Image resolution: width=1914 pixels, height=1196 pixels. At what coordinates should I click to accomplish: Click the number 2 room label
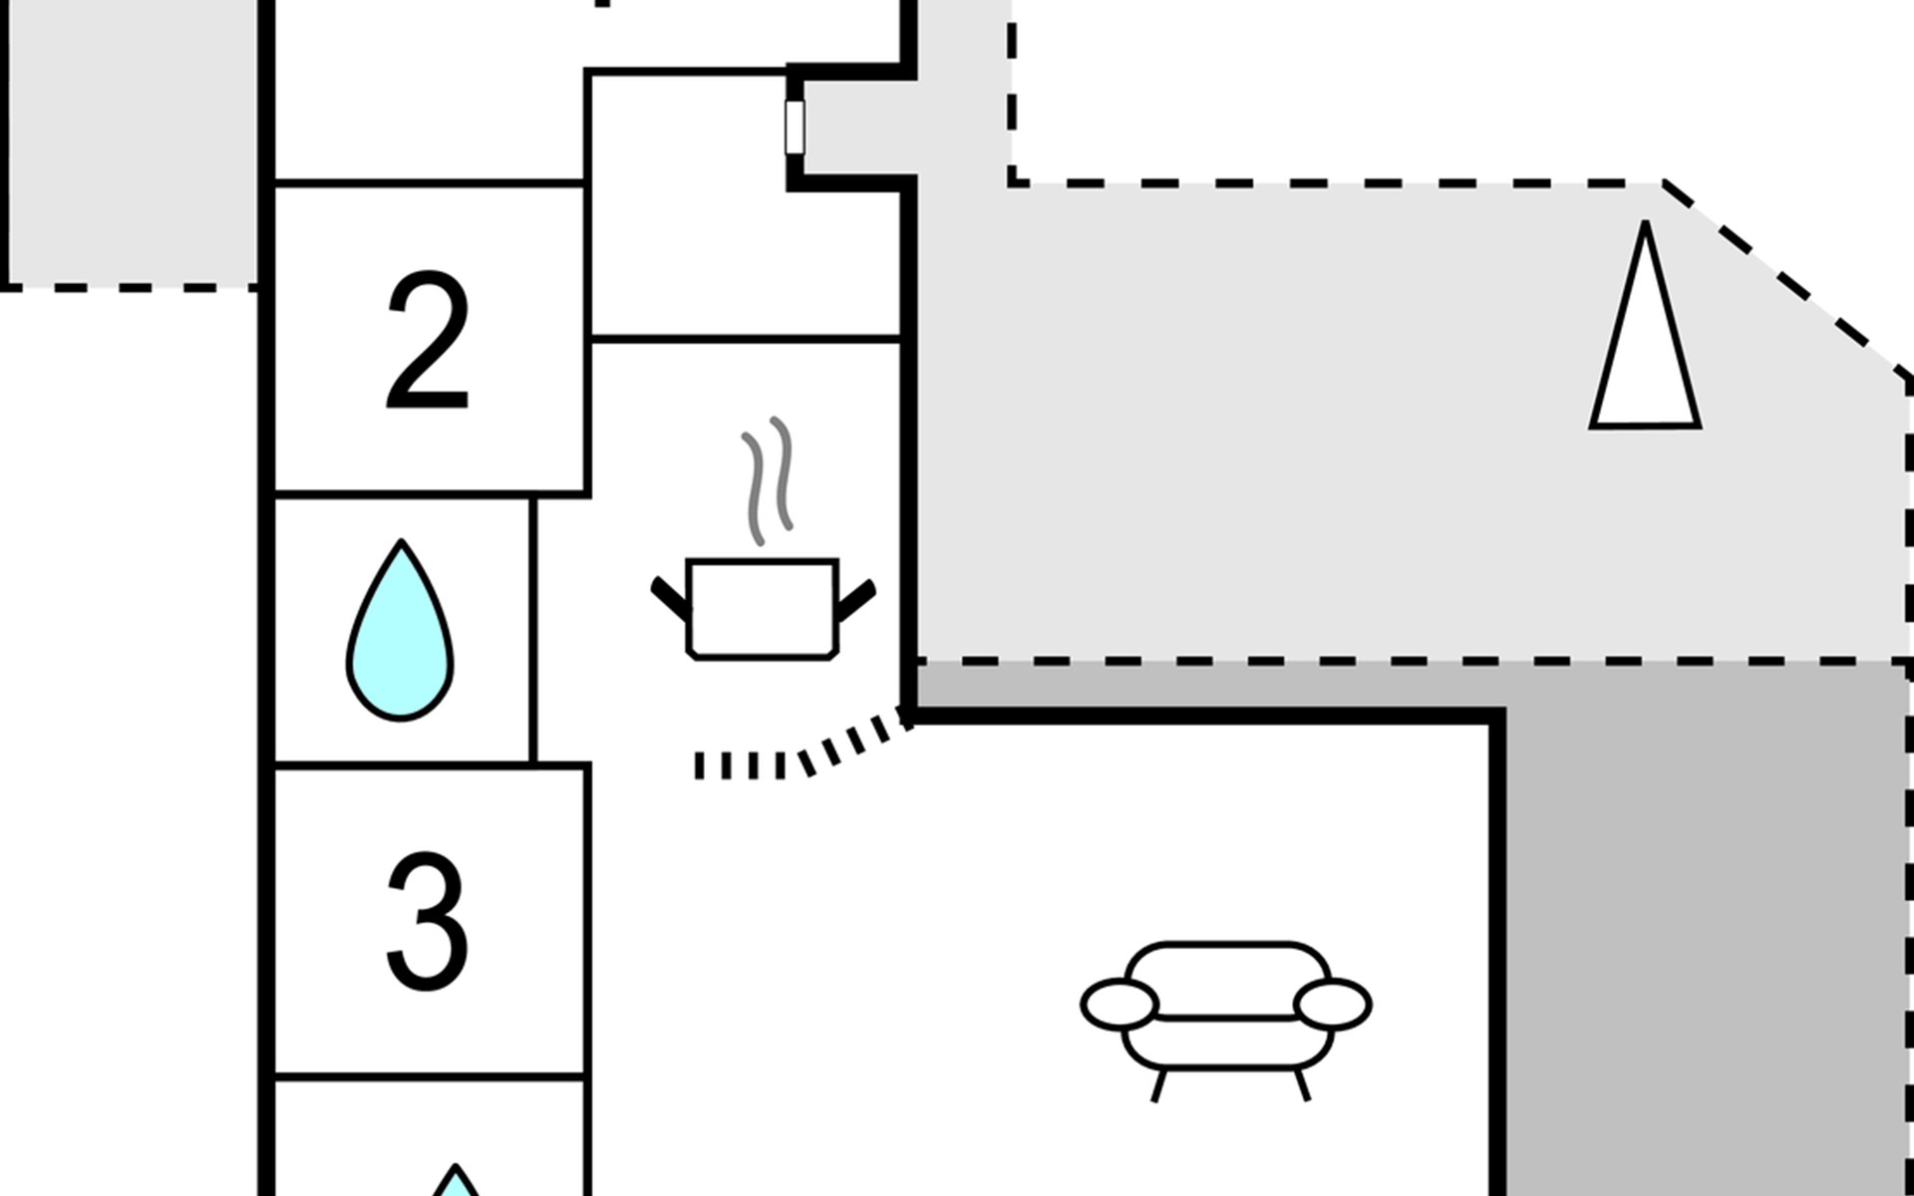click(428, 341)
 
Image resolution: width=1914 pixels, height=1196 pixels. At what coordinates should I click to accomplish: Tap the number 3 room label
click(428, 921)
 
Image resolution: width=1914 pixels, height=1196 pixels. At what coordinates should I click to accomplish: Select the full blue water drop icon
click(400, 630)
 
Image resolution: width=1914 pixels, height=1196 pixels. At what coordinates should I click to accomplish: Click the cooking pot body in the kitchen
click(763, 609)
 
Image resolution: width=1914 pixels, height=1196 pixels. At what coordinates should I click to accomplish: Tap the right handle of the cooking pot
click(856, 599)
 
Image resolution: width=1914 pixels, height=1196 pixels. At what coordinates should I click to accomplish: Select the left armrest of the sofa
click(1119, 1004)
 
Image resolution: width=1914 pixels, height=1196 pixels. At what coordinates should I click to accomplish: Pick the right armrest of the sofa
click(1333, 1004)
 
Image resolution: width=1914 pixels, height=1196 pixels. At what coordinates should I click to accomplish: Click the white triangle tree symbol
click(1645, 329)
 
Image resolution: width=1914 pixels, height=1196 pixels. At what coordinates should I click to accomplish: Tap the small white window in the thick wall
click(795, 128)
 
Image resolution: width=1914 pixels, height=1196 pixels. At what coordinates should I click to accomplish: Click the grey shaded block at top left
click(132, 142)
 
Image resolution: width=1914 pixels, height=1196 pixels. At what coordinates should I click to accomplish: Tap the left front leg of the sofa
click(1158, 1084)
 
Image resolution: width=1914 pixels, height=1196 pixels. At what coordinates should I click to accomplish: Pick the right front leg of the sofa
click(1302, 1084)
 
